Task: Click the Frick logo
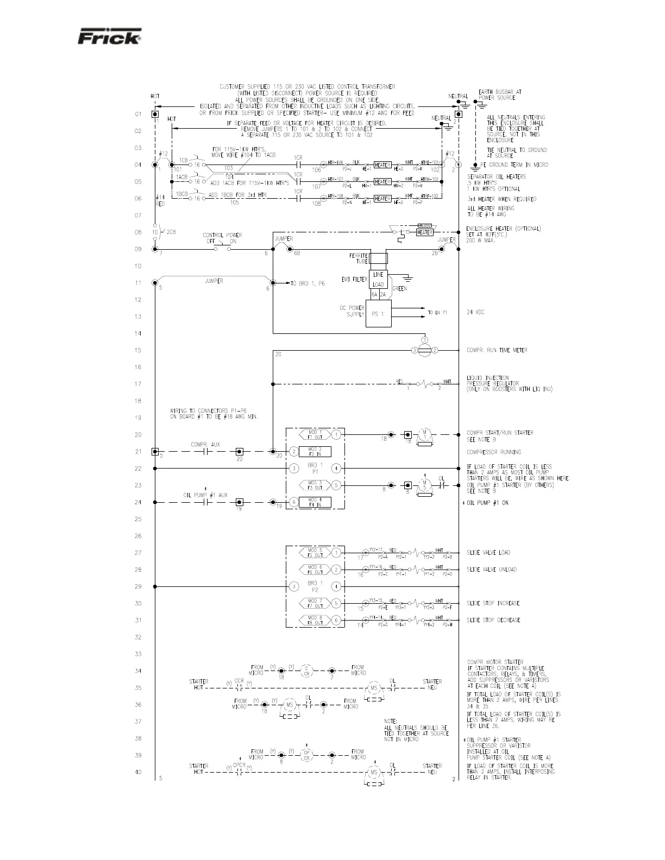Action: click(x=110, y=37)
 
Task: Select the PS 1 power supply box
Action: click(x=378, y=314)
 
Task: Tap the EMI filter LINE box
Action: click(x=378, y=275)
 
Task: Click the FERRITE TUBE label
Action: click(x=359, y=258)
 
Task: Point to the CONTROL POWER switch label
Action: click(x=222, y=238)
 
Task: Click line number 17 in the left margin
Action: click(x=138, y=384)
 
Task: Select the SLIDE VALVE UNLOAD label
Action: click(x=492, y=570)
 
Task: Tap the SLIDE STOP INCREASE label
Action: click(x=493, y=603)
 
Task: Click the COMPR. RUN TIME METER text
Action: click(x=497, y=350)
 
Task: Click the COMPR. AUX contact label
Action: click(x=205, y=445)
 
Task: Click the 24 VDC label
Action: click(x=475, y=313)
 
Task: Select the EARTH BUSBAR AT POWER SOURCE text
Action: click(x=500, y=95)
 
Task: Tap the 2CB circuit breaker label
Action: click(x=171, y=232)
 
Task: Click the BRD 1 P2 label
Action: click(x=315, y=586)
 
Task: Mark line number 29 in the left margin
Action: click(x=138, y=586)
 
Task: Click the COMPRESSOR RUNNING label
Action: click(x=493, y=452)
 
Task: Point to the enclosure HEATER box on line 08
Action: click(x=424, y=232)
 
